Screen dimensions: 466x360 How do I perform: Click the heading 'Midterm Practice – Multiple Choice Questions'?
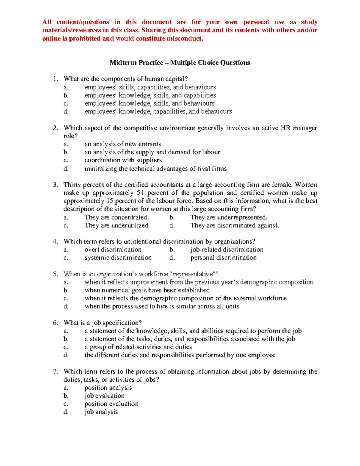click(180, 63)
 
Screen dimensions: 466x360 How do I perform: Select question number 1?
click(55, 79)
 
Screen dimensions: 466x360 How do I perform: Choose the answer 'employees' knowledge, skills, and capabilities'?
click(150, 95)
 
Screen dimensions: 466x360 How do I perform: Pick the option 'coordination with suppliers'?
click(123, 160)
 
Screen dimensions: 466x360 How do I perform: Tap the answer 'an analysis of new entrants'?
click(123, 144)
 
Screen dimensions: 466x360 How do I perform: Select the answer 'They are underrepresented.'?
click(229, 217)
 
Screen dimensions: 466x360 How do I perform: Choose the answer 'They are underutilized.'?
click(117, 225)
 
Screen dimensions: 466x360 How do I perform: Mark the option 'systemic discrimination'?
click(118, 258)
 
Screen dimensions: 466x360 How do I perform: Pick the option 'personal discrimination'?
click(223, 258)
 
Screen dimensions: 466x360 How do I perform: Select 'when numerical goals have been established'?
click(147, 290)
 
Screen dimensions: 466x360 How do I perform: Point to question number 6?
click(55, 323)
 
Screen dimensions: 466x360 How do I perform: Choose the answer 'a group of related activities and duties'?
click(138, 347)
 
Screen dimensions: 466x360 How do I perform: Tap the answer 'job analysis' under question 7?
click(101, 412)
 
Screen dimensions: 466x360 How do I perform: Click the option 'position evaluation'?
click(111, 404)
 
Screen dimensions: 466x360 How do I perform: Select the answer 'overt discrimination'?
click(113, 250)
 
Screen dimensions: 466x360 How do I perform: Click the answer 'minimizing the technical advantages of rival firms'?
click(155, 169)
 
